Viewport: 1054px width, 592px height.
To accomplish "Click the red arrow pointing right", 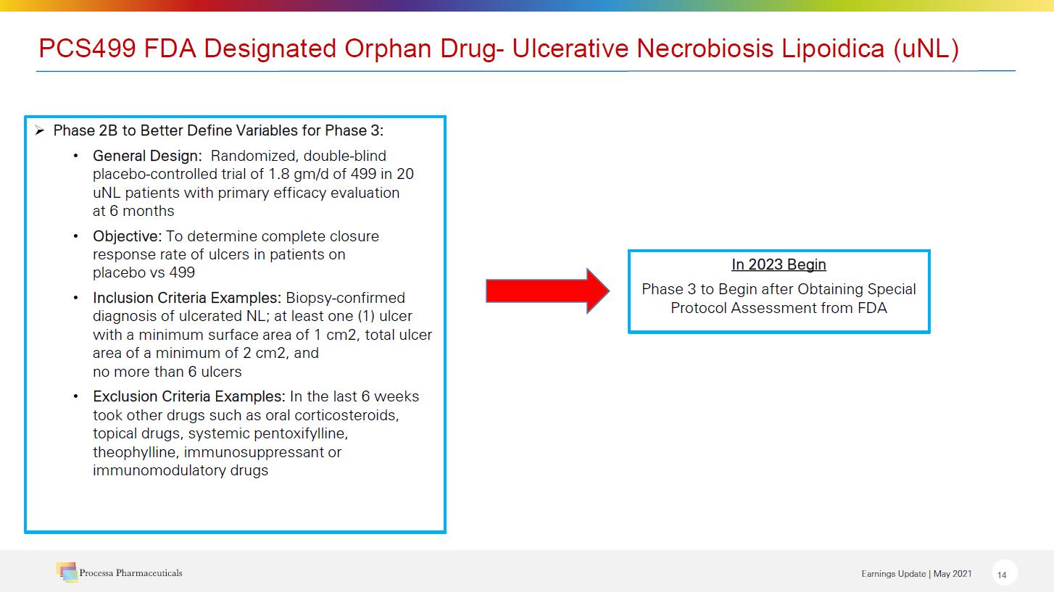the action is [548, 291].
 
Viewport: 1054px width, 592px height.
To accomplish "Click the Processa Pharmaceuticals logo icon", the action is [67, 572].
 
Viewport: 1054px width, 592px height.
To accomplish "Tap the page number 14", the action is [1002, 575].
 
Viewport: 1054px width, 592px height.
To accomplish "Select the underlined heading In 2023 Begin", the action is [779, 264].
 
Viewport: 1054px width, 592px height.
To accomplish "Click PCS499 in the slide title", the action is [87, 48].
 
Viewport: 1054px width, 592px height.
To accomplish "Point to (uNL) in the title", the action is [926, 49].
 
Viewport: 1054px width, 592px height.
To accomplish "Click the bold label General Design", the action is [147, 156].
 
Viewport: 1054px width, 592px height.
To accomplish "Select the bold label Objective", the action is [127, 236].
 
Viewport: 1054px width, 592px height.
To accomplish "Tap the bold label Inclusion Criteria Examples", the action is [187, 298].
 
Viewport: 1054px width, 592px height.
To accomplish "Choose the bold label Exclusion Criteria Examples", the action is [188, 396].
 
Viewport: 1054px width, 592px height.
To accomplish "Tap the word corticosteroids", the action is [347, 415].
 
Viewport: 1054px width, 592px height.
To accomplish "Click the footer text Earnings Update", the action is [894, 574].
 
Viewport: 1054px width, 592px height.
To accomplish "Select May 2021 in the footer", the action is [953, 574].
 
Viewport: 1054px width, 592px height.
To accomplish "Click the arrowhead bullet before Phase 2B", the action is [40, 130].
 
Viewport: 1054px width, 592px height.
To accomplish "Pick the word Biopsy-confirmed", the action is [345, 298].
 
